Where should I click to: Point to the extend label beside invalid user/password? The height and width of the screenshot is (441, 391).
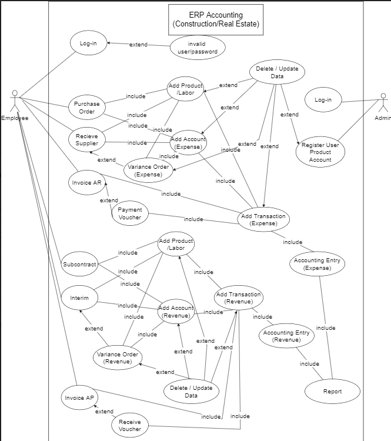click(138, 45)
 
